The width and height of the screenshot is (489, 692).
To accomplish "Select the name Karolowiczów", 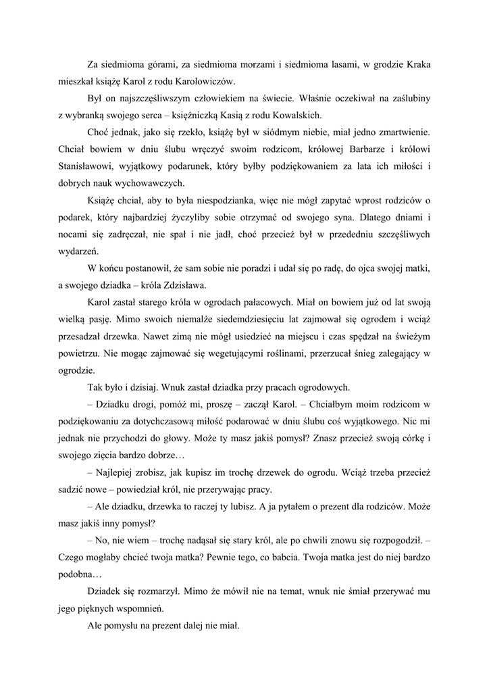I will coord(203,81).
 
